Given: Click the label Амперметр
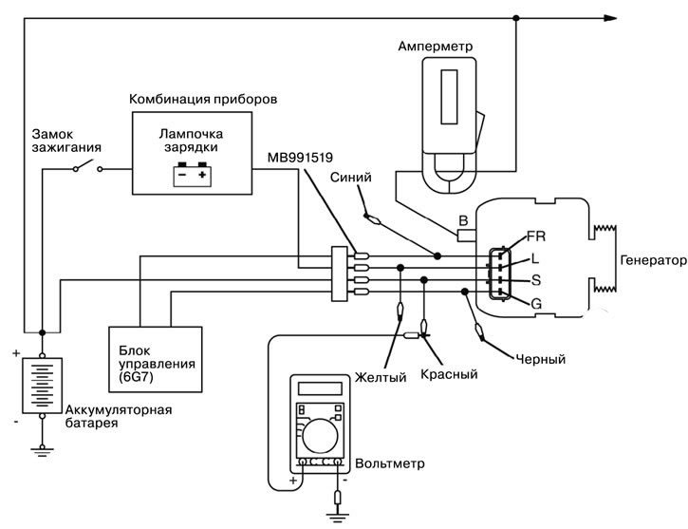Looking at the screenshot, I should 435,45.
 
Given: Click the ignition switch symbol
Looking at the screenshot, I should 87,169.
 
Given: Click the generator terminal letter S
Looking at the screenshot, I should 536,280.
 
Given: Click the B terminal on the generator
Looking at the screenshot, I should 463,222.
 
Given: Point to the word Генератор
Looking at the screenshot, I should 652,259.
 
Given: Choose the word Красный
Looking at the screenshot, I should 448,373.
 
